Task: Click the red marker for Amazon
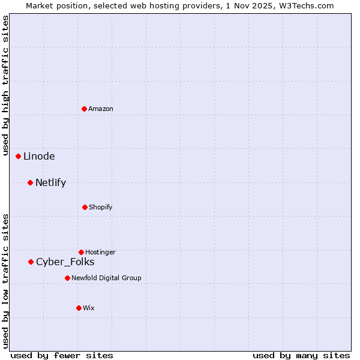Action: pyautogui.click(x=85, y=109)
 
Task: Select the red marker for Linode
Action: pyautogui.click(x=19, y=156)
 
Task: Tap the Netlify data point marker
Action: pyautogui.click(x=31, y=182)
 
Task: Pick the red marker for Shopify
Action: pyautogui.click(x=85, y=207)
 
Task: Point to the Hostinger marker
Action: pyautogui.click(x=81, y=252)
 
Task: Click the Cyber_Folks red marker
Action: pyautogui.click(x=31, y=262)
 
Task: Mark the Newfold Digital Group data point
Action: pyautogui.click(x=67, y=278)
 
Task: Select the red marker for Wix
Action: pyautogui.click(x=79, y=308)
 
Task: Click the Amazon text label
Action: pyautogui.click(x=101, y=109)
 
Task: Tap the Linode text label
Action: pyautogui.click(x=39, y=156)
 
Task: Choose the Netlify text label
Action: pyautogui.click(x=50, y=182)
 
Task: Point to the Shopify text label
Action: pyautogui.click(x=101, y=207)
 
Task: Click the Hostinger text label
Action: pyautogui.click(x=100, y=252)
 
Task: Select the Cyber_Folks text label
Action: pyautogui.click(x=65, y=262)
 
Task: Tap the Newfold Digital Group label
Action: pyautogui.click(x=106, y=278)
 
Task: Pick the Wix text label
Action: pyautogui.click(x=89, y=308)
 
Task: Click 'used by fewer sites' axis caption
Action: pyautogui.click(x=62, y=355)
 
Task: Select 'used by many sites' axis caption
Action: pyautogui.click(x=301, y=355)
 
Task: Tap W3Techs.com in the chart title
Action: pyautogui.click(x=304, y=5)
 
